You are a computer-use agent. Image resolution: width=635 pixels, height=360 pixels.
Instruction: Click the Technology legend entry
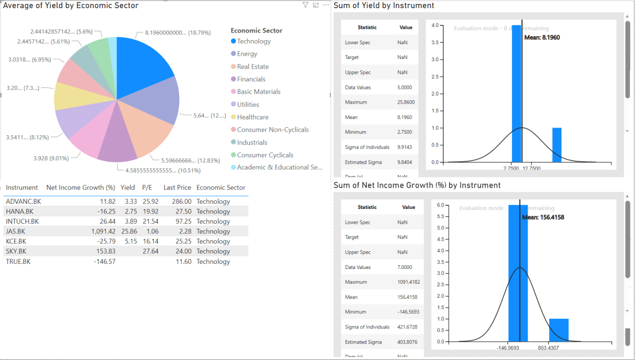[253, 41]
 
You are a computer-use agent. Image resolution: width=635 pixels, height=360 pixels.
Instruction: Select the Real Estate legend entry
[252, 67]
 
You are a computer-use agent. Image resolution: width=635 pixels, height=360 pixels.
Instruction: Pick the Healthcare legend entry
[252, 117]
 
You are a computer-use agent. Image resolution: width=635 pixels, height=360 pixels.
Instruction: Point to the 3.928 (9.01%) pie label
[51, 158]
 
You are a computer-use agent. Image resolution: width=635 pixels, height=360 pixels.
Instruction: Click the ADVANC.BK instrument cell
[23, 201]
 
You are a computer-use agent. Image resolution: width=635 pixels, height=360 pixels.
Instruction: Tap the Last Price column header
[177, 188]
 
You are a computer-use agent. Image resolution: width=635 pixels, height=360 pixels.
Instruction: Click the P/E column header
[147, 188]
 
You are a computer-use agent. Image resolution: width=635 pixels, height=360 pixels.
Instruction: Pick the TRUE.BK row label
[18, 261]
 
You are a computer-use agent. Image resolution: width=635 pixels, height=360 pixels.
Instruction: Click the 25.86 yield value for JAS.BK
[129, 231]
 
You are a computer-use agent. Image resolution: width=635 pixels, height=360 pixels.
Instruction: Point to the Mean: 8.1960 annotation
[542, 38]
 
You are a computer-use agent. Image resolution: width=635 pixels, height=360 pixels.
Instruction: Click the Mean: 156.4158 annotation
[543, 218]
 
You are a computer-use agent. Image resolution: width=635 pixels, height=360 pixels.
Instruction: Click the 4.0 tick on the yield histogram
[435, 25]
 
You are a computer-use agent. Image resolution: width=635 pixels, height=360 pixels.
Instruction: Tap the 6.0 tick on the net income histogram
[441, 205]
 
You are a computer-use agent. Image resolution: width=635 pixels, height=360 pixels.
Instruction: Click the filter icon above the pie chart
[305, 5]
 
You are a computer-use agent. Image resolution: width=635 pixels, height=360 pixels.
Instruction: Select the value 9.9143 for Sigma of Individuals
[405, 147]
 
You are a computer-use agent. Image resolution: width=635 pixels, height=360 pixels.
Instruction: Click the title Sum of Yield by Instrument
[384, 6]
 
